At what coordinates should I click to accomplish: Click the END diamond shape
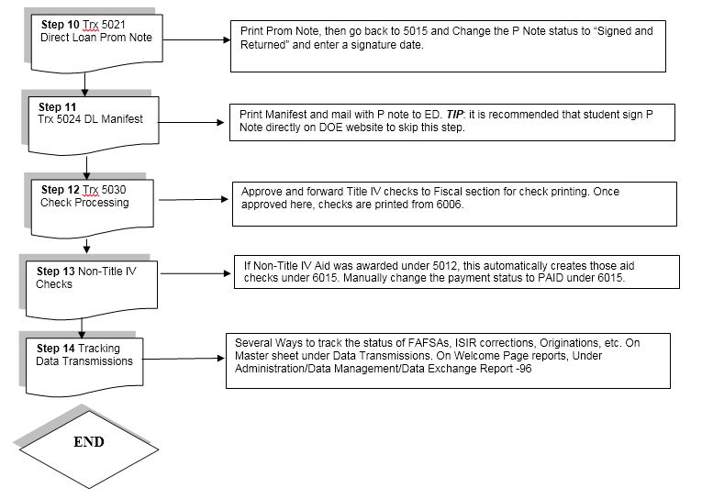point(89,449)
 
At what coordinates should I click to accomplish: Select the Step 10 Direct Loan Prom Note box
point(96,43)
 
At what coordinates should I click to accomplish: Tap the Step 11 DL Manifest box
point(94,126)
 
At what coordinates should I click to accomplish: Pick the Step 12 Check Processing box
point(93,208)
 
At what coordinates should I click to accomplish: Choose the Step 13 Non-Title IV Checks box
point(92,290)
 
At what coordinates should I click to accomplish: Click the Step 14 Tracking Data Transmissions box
point(84,367)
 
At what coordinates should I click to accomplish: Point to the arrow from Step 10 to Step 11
point(84,84)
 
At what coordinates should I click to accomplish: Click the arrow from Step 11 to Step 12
point(86,167)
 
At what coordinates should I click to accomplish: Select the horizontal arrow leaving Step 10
point(196,39)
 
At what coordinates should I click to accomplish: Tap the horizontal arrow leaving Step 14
point(184,359)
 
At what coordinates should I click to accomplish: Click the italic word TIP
point(454,115)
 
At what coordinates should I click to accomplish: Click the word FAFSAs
point(429,343)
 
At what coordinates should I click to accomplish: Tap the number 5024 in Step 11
point(69,119)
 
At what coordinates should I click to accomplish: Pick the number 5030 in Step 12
point(114,190)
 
